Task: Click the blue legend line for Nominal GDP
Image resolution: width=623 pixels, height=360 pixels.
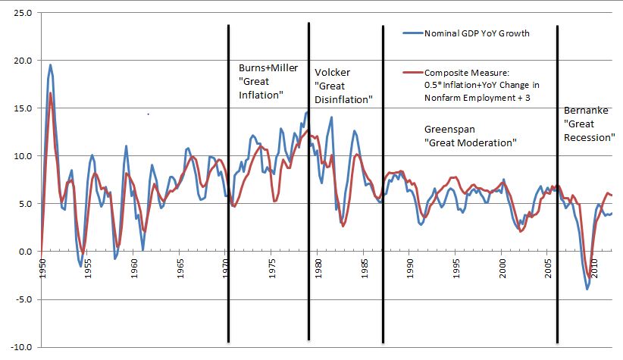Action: [x=412, y=33]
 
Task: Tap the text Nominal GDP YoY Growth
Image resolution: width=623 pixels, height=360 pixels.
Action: [x=476, y=33]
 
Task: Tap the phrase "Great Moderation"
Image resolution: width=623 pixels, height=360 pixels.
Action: [x=470, y=142]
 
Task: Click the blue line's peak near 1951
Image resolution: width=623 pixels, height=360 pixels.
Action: [x=51, y=65]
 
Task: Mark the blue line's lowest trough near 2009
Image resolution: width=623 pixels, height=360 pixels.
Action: [x=587, y=289]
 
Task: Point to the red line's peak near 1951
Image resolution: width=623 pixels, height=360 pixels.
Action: [x=51, y=93]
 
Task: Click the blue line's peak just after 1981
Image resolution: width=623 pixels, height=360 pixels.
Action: [x=331, y=117]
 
